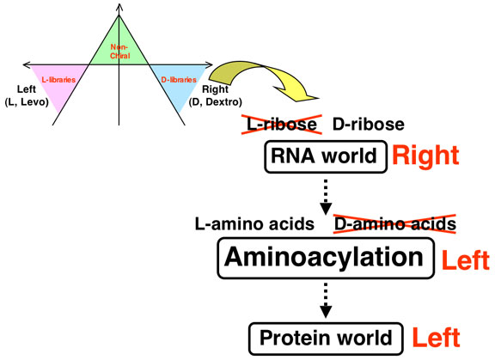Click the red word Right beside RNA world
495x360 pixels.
(425, 156)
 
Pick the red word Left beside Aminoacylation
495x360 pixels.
(466, 260)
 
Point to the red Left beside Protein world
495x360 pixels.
(437, 338)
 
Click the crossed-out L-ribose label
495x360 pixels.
(282, 125)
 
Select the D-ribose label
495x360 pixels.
(369, 125)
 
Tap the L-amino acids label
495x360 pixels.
(254, 224)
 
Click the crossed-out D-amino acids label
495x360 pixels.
(394, 224)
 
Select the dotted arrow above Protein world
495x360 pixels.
(326, 300)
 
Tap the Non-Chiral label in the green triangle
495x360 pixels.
(119, 52)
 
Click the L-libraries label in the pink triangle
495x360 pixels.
(58, 80)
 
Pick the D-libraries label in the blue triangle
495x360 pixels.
(179, 80)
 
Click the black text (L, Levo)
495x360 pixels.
(27, 102)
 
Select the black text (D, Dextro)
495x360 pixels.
(216, 102)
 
